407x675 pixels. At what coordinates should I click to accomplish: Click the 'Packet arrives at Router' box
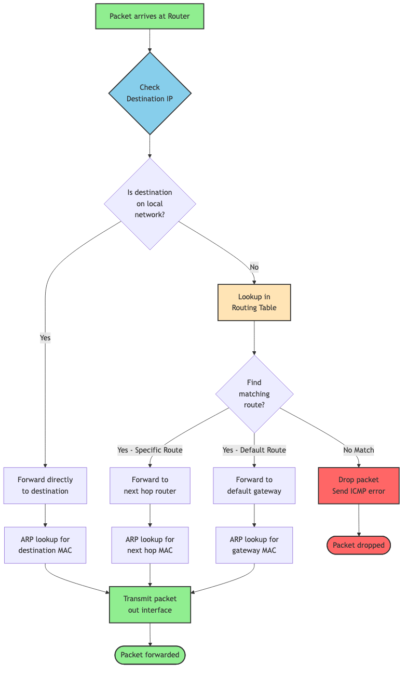click(150, 16)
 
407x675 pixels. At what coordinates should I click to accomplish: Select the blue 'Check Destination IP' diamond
click(150, 94)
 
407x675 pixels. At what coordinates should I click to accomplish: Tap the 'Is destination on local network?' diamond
click(150, 203)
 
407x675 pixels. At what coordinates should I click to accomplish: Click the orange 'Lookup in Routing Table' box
click(254, 302)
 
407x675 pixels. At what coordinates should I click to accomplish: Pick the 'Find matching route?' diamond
click(254, 394)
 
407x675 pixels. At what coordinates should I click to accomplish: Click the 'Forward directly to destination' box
click(45, 485)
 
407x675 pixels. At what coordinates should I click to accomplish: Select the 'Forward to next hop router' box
click(150, 485)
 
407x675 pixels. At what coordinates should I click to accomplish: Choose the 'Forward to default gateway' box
click(254, 485)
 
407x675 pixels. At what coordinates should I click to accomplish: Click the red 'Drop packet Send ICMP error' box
click(358, 485)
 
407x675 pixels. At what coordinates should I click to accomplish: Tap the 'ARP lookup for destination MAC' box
click(45, 545)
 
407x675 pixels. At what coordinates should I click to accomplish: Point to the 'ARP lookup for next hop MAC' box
click(150, 545)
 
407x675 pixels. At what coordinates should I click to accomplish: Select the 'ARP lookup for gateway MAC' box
click(254, 545)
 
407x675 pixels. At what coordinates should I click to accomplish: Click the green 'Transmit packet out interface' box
click(150, 604)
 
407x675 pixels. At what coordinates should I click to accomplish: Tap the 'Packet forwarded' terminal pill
click(150, 655)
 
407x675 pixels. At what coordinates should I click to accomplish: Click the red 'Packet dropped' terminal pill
click(358, 545)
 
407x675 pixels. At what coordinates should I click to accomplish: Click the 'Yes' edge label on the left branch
click(45, 338)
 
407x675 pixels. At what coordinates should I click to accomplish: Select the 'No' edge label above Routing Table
click(254, 267)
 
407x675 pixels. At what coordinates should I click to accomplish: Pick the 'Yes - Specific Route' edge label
click(150, 450)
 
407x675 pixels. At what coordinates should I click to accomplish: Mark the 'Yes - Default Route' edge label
click(254, 450)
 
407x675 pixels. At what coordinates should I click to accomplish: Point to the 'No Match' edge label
click(358, 450)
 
